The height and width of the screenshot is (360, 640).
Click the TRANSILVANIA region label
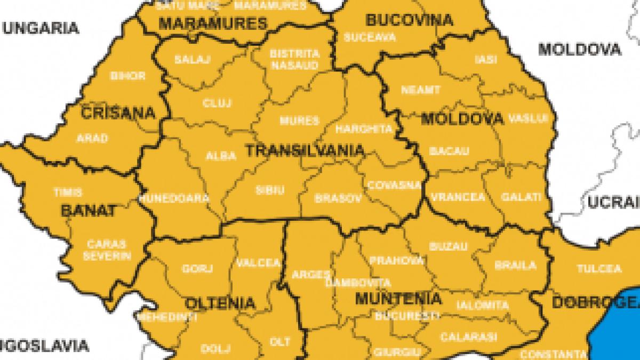(x=305, y=151)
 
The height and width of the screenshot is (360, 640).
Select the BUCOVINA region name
(x=409, y=21)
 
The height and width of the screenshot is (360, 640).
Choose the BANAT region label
(x=88, y=211)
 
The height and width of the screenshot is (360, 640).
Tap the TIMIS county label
(x=68, y=192)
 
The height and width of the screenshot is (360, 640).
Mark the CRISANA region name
(x=118, y=114)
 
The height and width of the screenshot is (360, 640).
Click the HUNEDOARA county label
(x=174, y=198)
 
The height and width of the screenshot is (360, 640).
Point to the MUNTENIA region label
(x=398, y=298)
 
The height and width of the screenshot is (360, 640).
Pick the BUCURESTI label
(x=400, y=316)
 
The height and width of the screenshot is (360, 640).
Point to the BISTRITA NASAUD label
(x=294, y=59)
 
